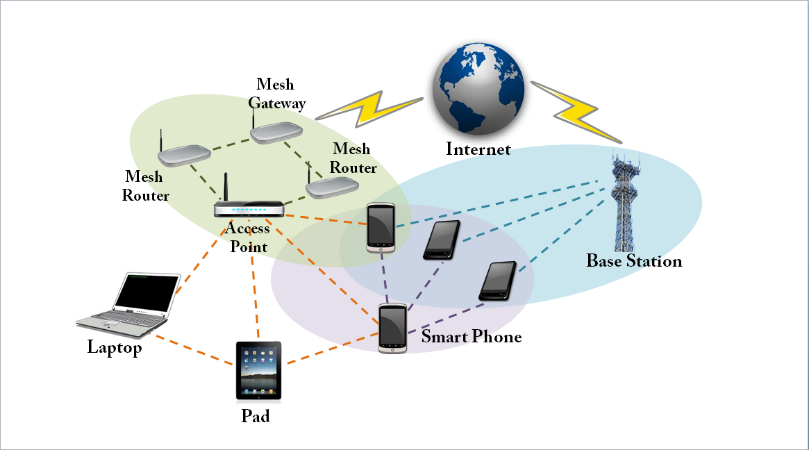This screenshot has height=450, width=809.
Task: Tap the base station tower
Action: (x=625, y=205)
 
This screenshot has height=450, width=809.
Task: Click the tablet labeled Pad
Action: (x=258, y=371)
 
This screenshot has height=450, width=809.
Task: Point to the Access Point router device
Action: (x=249, y=209)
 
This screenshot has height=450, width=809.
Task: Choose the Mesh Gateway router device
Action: (x=276, y=132)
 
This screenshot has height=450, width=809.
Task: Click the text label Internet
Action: (x=478, y=149)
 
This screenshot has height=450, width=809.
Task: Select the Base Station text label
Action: (x=634, y=261)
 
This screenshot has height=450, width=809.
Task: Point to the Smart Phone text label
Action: (x=472, y=337)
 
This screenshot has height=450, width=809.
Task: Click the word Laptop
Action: (x=115, y=347)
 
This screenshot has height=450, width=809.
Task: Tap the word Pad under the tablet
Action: (x=255, y=417)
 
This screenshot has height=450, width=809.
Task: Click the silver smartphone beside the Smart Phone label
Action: (x=392, y=328)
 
